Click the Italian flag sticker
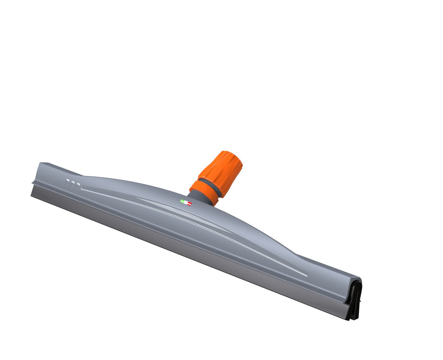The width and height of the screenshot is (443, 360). (x=185, y=202)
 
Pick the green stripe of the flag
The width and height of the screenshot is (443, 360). (x=182, y=201)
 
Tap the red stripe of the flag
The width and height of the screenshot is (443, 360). (x=189, y=204)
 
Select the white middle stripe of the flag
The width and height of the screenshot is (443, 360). (x=185, y=202)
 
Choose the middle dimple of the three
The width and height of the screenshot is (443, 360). (x=73, y=184)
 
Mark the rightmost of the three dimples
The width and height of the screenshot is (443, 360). (x=78, y=185)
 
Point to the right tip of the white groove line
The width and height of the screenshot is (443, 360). (x=307, y=275)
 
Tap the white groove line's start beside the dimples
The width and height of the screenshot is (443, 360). (x=83, y=189)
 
